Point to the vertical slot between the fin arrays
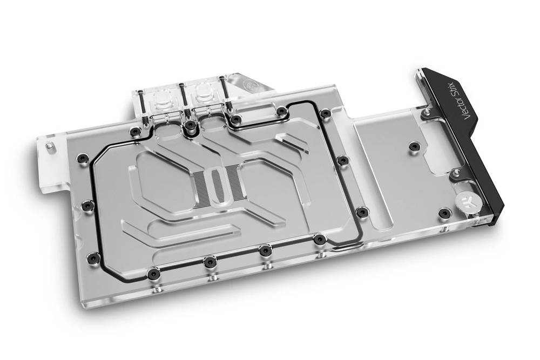point(217,182)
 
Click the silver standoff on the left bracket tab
point(49,145)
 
